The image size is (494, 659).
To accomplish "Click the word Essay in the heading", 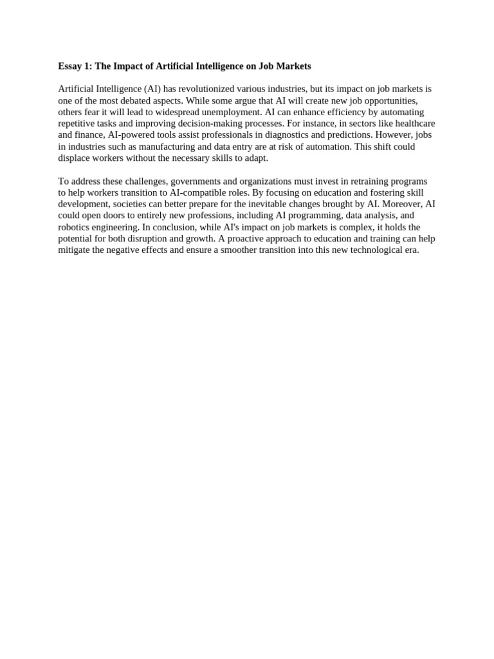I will click(x=70, y=66).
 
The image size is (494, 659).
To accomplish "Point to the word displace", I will click(x=75, y=158).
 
